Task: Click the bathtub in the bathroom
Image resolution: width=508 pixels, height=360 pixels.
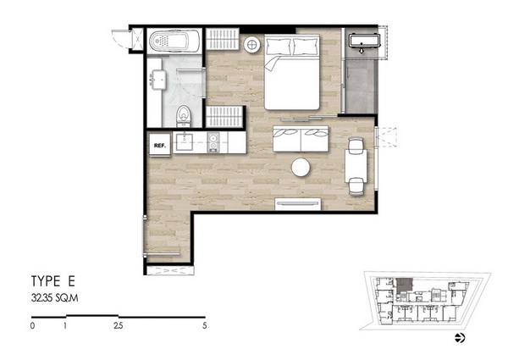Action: [x=174, y=42]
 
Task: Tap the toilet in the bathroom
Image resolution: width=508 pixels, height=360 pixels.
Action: [x=184, y=116]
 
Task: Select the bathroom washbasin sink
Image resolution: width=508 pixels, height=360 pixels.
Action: [x=157, y=80]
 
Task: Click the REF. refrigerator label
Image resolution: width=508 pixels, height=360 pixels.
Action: [x=160, y=146]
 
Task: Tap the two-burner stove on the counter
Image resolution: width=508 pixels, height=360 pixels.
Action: [x=213, y=142]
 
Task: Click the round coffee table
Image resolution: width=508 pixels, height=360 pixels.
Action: [x=301, y=167]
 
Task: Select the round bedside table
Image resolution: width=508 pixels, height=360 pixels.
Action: [x=251, y=44]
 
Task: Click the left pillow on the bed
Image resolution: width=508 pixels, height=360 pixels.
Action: [x=279, y=47]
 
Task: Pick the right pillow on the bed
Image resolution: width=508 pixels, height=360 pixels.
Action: [x=305, y=47]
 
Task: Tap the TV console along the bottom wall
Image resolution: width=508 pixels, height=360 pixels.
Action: [x=298, y=204]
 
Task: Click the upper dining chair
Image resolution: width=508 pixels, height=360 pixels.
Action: [x=356, y=145]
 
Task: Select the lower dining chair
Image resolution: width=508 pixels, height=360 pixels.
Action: [x=356, y=187]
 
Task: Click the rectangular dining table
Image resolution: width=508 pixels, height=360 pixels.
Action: [x=356, y=166]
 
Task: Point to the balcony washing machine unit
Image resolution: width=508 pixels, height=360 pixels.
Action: [x=363, y=41]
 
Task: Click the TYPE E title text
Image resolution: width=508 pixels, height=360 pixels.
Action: [x=53, y=281]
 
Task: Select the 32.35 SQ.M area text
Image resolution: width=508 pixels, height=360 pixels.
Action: [x=54, y=298]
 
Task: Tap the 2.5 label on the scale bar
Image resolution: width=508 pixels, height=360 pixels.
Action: [x=119, y=325]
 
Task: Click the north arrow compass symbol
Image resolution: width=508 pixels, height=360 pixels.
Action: [x=460, y=338]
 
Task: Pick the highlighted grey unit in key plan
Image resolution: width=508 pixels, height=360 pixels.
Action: [x=404, y=285]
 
